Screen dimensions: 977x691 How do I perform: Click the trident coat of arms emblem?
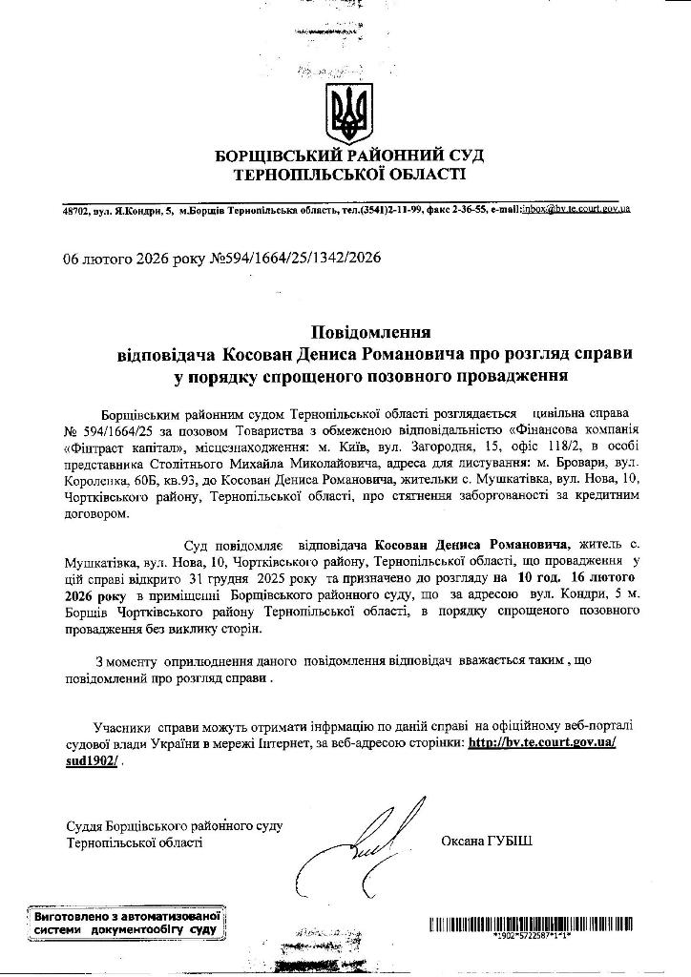pos(345,113)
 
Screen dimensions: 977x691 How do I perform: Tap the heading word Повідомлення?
pos(371,332)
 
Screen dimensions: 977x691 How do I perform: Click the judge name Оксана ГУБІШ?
pos(487,841)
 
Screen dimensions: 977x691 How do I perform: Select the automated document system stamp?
pos(126,922)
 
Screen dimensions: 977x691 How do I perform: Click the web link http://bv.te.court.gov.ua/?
pos(542,741)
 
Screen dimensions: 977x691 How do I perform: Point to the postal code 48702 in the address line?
pos(75,209)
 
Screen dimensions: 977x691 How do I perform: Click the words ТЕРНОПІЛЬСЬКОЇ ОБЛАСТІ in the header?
pos(350,175)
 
